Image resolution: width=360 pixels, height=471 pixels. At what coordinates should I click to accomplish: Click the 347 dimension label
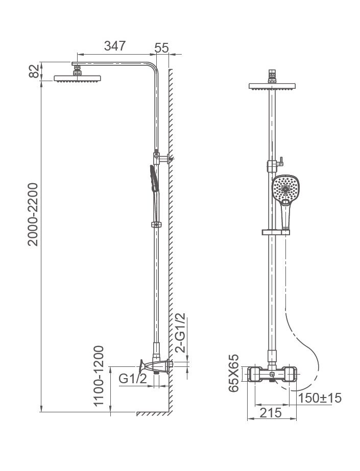(115, 46)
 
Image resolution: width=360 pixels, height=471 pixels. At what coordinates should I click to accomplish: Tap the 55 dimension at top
(162, 48)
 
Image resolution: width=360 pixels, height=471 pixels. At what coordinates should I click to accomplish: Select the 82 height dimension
(34, 71)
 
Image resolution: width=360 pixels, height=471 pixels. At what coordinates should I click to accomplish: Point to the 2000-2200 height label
(33, 214)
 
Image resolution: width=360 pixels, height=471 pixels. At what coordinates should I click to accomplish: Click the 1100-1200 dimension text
(99, 376)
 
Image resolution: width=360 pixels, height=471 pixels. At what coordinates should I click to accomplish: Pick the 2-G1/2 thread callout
(181, 333)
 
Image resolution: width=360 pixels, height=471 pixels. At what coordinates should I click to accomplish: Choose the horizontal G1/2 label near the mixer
(133, 379)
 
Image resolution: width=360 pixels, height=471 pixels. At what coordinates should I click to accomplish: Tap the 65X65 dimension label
(233, 373)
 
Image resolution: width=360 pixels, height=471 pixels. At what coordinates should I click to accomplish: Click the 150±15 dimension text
(320, 398)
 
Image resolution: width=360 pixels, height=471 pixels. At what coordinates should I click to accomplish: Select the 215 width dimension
(271, 413)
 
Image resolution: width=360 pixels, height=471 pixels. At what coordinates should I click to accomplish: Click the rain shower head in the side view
(77, 79)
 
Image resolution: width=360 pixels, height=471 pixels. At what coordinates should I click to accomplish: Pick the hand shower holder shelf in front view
(276, 232)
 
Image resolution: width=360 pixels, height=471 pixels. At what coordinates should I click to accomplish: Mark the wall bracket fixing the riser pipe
(162, 158)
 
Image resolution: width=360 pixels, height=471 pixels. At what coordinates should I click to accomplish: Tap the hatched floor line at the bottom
(154, 414)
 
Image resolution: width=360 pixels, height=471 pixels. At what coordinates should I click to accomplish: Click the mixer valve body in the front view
(272, 374)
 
